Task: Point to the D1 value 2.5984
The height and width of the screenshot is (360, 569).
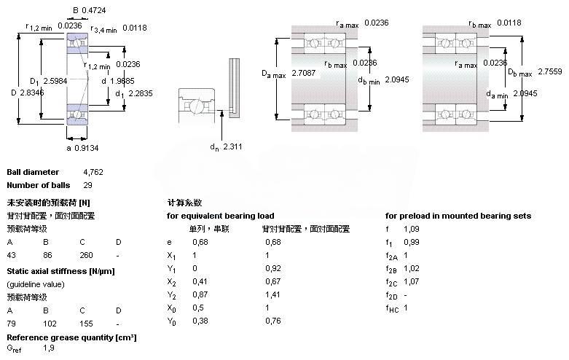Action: click(x=55, y=81)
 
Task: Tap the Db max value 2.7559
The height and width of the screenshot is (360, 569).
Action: click(x=550, y=72)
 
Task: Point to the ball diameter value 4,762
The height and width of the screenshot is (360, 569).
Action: click(x=93, y=172)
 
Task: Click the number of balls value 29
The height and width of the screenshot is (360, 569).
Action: click(x=88, y=185)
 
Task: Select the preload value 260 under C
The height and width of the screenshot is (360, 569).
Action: click(x=86, y=256)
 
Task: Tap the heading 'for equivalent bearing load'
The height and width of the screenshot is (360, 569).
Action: click(x=220, y=216)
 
